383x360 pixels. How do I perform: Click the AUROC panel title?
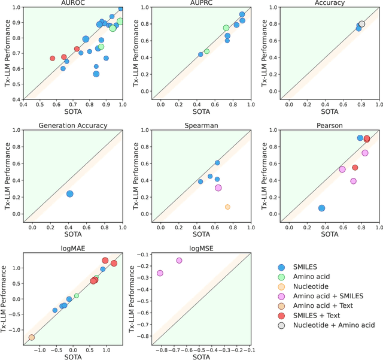pyautogui.click(x=73, y=3)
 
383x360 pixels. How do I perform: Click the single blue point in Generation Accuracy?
pyautogui.click(x=69, y=194)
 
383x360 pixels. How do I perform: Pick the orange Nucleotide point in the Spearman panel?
pyautogui.click(x=227, y=207)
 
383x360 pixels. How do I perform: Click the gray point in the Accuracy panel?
pyautogui.click(x=361, y=24)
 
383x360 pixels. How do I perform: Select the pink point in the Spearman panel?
pyautogui.click(x=218, y=188)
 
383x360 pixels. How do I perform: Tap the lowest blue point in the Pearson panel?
pyautogui.click(x=321, y=208)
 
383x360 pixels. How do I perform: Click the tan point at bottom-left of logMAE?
pyautogui.click(x=31, y=338)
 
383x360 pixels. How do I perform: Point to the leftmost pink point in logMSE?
pyautogui.click(x=160, y=273)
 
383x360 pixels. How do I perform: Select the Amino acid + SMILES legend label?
pyautogui.click(x=327, y=297)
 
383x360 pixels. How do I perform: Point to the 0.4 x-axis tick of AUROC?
pyautogui.click(x=24, y=105)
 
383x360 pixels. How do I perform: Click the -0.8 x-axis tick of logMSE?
pyautogui.click(x=160, y=349)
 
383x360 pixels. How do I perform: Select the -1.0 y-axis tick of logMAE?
pyautogui.click(x=15, y=330)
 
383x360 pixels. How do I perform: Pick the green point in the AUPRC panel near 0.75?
pyautogui.click(x=226, y=28)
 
